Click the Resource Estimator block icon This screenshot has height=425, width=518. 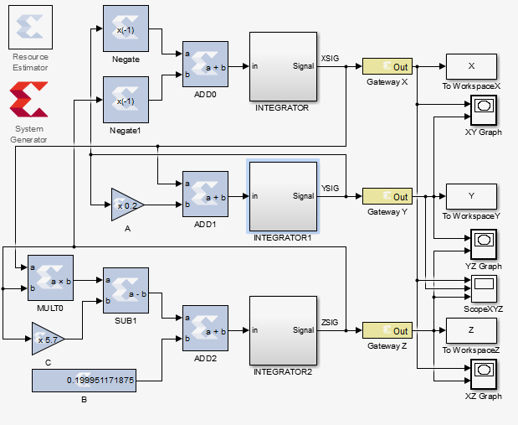click(x=30, y=28)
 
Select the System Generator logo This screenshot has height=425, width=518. click(x=28, y=101)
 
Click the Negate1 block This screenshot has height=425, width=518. click(x=126, y=100)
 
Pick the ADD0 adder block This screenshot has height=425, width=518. click(x=205, y=65)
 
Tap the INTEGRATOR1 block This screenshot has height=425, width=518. click(x=283, y=196)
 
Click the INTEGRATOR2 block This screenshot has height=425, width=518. click(x=283, y=330)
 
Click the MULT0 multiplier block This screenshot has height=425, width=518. click(x=50, y=277)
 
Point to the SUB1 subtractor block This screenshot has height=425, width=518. click(x=126, y=290)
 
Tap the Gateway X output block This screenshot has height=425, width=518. click(x=387, y=66)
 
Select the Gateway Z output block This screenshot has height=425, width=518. click(x=387, y=330)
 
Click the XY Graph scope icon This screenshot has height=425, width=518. click(x=483, y=108)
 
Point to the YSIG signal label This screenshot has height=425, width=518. click(x=330, y=188)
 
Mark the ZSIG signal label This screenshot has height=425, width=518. click(x=330, y=322)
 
